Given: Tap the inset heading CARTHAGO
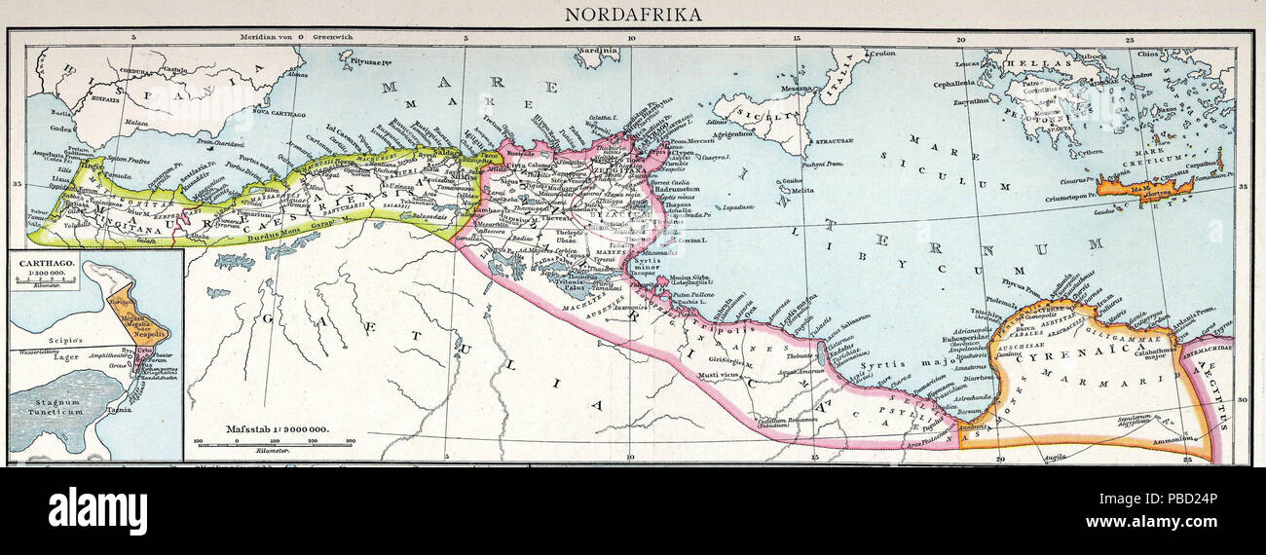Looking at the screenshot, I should (x=46, y=262).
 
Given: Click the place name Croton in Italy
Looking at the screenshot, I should (x=881, y=54).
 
